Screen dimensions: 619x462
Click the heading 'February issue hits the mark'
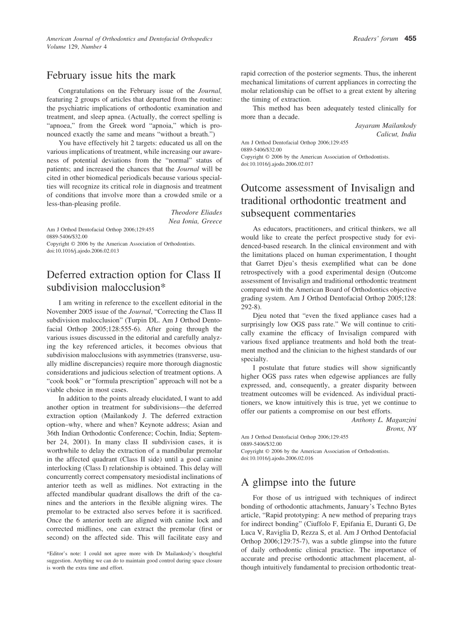click(111, 75)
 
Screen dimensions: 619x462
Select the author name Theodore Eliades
click(196, 212)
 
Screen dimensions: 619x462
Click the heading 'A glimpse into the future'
click(298, 482)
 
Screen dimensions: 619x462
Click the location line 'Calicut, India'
click(396, 134)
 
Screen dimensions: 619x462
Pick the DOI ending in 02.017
click(277, 164)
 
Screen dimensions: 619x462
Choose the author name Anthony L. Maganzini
click(384, 419)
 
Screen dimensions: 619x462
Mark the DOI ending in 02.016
click(277, 458)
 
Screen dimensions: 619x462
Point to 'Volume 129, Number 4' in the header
click(77, 47)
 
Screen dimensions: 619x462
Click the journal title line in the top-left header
click(129, 39)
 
